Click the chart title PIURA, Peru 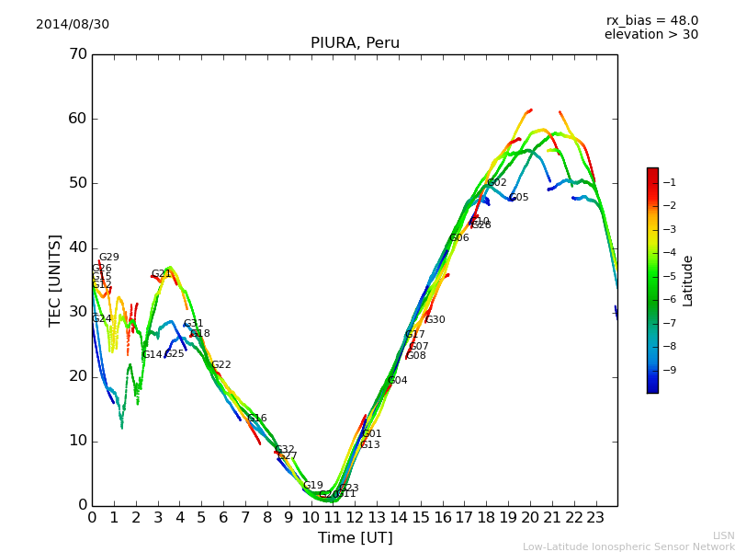coord(355,43)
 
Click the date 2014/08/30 coord(73,24)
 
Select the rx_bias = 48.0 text coord(651,20)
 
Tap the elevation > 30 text coord(650,35)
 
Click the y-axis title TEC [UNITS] coord(55,280)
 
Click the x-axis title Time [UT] coord(355,538)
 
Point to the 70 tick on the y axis coord(77,54)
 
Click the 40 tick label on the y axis coord(77,247)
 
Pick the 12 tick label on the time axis coord(355,517)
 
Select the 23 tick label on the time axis coord(595,517)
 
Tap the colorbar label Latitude coord(687,281)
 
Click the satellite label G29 coord(108,258)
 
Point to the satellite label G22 coord(220,365)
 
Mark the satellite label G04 coord(397,381)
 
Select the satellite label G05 coord(519,198)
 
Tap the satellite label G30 coord(435,320)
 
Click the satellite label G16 coord(256,419)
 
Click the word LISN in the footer coord(723,535)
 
